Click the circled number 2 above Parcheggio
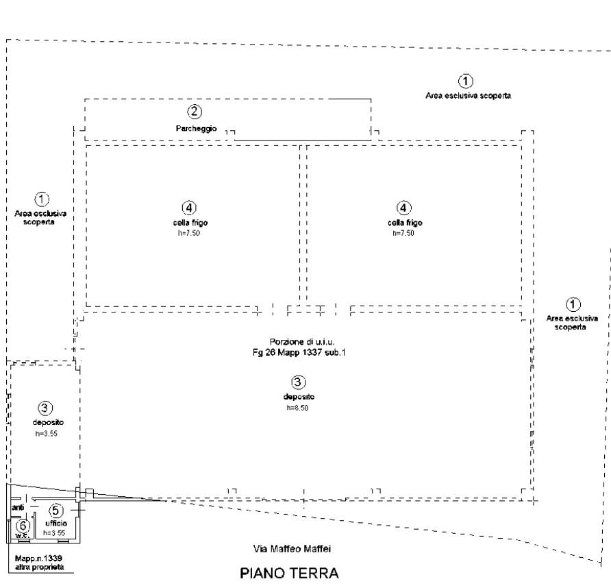click(x=195, y=111)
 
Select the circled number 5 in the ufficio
click(x=56, y=511)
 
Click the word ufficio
click(x=56, y=524)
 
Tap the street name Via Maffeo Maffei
click(x=292, y=549)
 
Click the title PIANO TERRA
click(x=288, y=573)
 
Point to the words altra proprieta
click(x=39, y=568)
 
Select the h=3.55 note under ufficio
click(x=54, y=532)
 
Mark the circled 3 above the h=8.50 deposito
click(x=299, y=382)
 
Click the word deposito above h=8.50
click(x=299, y=397)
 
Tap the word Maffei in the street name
click(x=318, y=549)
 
